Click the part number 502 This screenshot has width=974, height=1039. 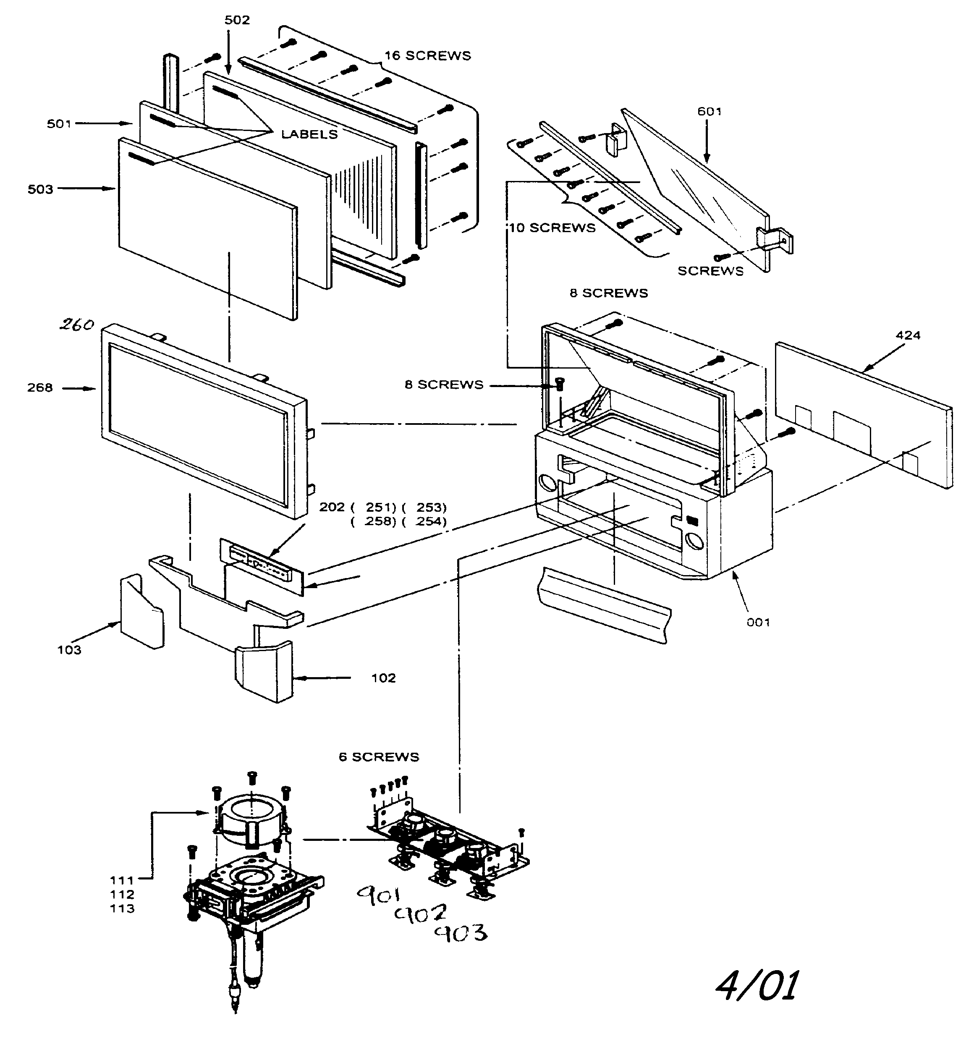(237, 20)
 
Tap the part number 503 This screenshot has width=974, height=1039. (40, 189)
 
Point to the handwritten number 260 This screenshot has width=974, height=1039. (76, 325)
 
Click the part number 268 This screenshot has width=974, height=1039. (40, 388)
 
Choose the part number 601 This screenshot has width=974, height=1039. (710, 111)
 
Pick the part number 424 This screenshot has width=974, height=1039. (908, 335)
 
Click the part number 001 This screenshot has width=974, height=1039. (758, 622)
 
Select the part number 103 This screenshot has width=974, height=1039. (69, 649)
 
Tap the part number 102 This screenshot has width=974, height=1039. (383, 678)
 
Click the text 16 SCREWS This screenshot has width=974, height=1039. (428, 56)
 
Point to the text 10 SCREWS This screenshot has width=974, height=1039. (552, 228)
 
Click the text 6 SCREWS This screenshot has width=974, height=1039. (379, 757)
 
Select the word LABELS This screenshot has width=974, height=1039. (309, 134)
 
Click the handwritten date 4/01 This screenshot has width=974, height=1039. (757, 986)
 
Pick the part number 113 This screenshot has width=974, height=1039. (122, 908)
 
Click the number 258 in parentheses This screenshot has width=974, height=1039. (380, 521)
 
